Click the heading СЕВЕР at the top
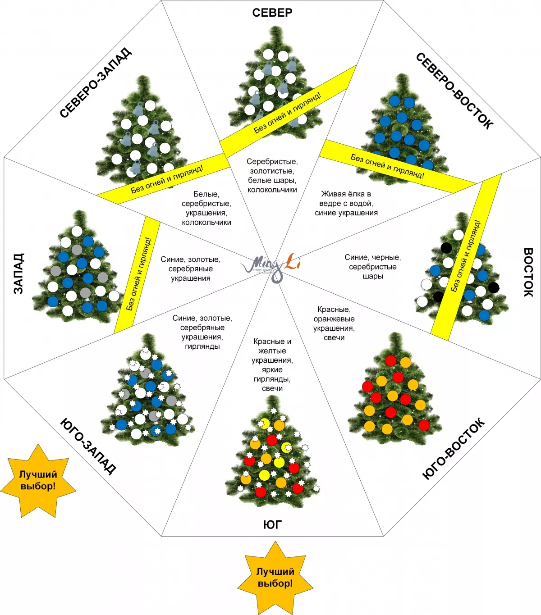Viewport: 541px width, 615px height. pyautogui.click(x=272, y=13)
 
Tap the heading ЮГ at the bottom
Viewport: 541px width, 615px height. pyautogui.click(x=272, y=524)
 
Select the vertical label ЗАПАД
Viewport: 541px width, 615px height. pyautogui.click(x=18, y=273)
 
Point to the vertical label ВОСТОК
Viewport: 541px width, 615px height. pyautogui.click(x=528, y=272)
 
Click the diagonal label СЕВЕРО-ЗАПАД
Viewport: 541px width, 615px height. pyautogui.click(x=96, y=83)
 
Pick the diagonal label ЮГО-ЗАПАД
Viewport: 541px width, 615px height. pyautogui.click(x=88, y=446)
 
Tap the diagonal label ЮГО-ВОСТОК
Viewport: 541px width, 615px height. pyautogui.click(x=454, y=449)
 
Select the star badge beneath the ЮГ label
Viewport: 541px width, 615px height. pyautogui.click(x=275, y=578)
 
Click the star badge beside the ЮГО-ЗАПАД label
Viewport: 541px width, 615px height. pyautogui.click(x=38, y=481)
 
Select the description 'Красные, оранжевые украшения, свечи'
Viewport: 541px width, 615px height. pyautogui.click(x=334, y=323)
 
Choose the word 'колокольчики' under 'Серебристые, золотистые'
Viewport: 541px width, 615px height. pyautogui.click(x=272, y=190)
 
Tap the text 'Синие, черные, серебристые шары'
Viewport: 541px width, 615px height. pyautogui.click(x=372, y=267)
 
